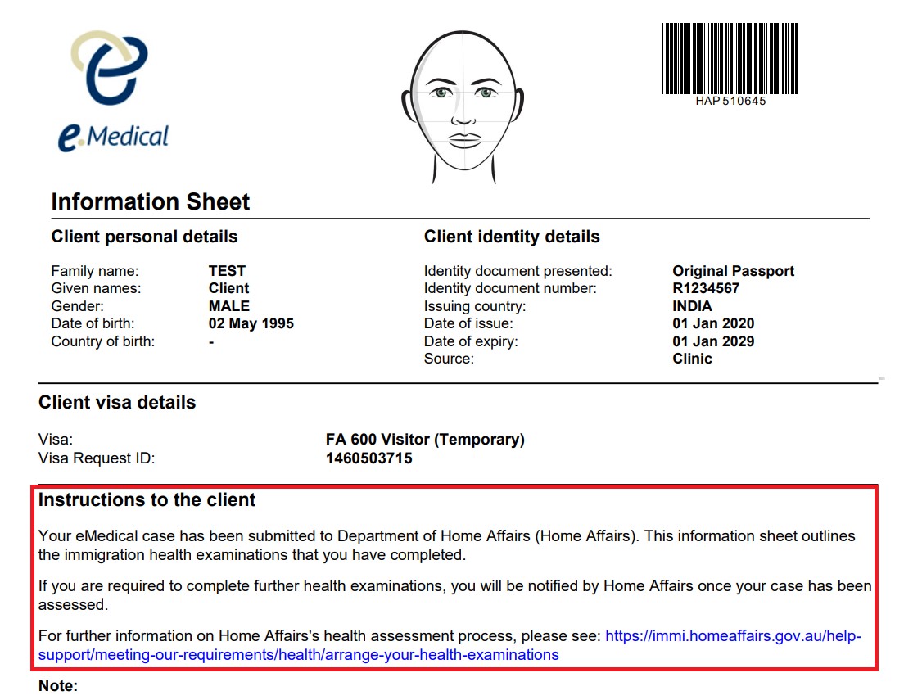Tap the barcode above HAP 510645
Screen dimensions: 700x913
point(730,58)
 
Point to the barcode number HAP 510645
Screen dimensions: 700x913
point(730,102)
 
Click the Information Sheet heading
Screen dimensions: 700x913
point(151,202)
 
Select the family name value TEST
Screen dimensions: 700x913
point(227,271)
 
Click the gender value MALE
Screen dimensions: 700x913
point(229,306)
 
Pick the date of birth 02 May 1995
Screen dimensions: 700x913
point(251,323)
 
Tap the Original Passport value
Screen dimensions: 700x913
point(733,271)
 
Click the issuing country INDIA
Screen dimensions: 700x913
point(692,306)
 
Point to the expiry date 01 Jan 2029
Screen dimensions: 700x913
point(713,341)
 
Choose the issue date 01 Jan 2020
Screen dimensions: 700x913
point(713,323)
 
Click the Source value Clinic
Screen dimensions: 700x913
point(692,359)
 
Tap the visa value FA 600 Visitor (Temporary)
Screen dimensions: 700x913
point(425,440)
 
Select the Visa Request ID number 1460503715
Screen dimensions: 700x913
point(368,458)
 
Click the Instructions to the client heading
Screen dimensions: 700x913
point(147,500)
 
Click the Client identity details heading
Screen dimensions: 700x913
point(512,237)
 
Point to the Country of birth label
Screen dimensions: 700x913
point(102,341)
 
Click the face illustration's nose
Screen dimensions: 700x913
point(463,114)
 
